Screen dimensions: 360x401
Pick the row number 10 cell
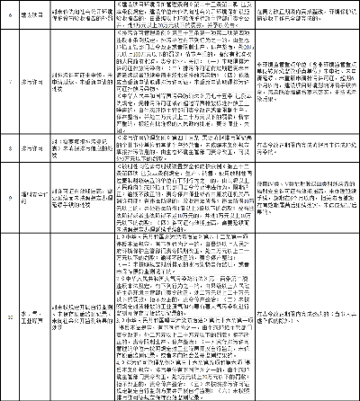[9, 316]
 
